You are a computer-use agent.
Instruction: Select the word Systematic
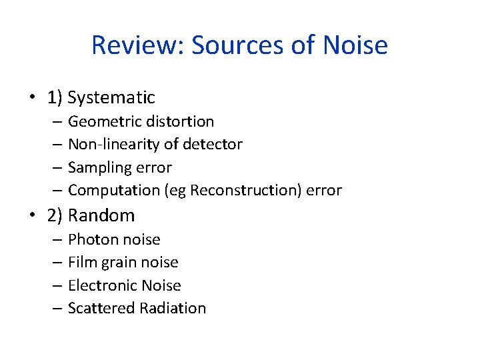coord(111,97)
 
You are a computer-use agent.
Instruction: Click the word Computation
coord(113,191)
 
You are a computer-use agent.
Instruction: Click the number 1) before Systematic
coord(55,98)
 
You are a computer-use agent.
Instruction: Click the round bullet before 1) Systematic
coord(33,98)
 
